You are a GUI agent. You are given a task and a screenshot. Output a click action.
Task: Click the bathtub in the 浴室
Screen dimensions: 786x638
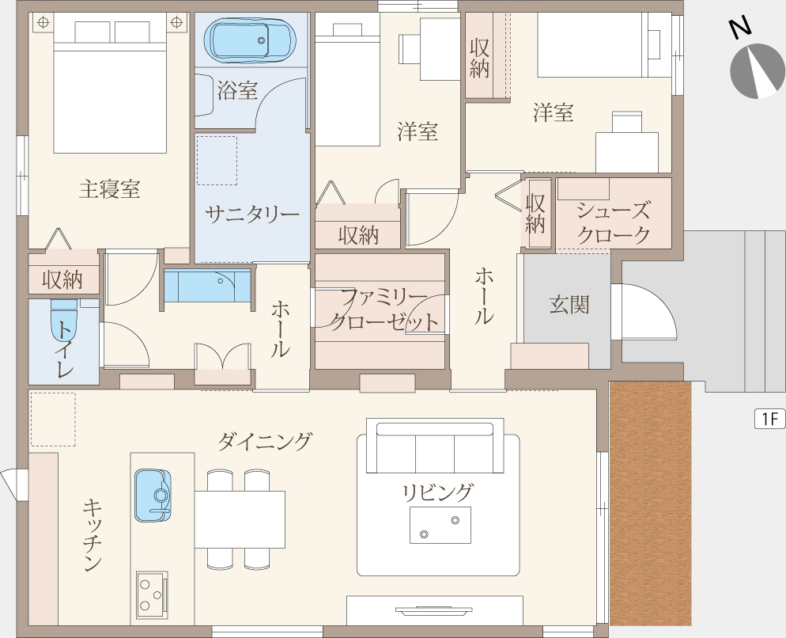pyautogui.click(x=250, y=40)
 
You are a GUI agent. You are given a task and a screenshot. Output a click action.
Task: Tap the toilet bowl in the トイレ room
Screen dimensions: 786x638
pyautogui.click(x=64, y=321)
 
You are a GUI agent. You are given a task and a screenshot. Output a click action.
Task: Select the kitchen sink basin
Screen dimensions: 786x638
pyautogui.click(x=153, y=496)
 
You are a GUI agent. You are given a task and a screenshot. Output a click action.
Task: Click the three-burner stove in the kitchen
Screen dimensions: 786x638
pyautogui.click(x=152, y=595)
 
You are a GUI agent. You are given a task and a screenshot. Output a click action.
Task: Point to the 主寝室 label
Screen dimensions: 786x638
pyautogui.click(x=109, y=189)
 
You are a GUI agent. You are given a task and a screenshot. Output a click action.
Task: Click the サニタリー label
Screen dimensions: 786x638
pyautogui.click(x=251, y=215)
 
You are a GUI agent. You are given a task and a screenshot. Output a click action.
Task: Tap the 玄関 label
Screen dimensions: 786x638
pyautogui.click(x=569, y=305)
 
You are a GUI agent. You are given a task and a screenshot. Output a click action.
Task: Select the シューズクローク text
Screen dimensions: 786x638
pyautogui.click(x=614, y=222)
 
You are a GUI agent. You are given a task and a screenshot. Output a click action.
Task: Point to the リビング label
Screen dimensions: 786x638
pyautogui.click(x=437, y=492)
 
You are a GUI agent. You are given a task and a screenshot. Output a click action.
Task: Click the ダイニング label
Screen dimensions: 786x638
pyautogui.click(x=264, y=442)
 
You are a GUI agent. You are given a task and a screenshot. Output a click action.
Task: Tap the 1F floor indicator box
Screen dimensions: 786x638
pyautogui.click(x=770, y=419)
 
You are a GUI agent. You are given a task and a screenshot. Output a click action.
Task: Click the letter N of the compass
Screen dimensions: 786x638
pyautogui.click(x=740, y=28)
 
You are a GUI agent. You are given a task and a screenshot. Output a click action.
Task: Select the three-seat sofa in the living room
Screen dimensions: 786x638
pyautogui.click(x=435, y=446)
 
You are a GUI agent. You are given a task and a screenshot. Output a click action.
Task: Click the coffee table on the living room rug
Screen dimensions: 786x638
pyautogui.click(x=440, y=525)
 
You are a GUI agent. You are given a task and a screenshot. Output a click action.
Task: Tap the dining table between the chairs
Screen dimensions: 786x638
pyautogui.click(x=240, y=519)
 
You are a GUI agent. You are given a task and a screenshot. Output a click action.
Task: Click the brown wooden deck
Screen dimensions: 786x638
pyautogui.click(x=650, y=503)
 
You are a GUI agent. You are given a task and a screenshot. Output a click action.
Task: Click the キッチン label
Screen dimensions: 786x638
pyautogui.click(x=93, y=535)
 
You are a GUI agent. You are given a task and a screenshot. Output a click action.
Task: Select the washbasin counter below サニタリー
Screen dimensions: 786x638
pyautogui.click(x=207, y=286)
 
